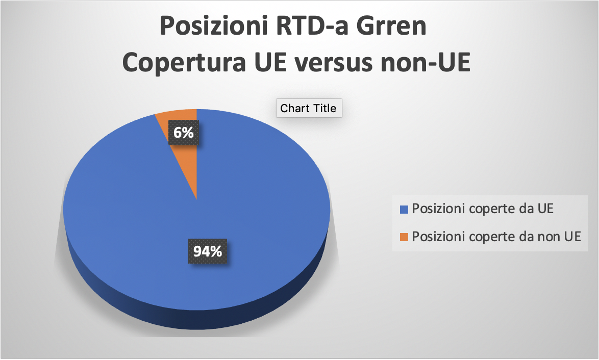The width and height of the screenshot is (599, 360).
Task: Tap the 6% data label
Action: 183,133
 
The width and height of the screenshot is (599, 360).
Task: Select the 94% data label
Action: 208,251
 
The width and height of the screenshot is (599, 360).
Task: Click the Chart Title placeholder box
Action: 309,108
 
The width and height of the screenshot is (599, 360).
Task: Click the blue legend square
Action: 404,209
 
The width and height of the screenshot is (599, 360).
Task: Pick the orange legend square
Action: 404,237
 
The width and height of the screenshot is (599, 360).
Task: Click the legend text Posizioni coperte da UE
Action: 483,209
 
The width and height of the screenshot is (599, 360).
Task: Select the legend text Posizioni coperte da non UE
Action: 496,237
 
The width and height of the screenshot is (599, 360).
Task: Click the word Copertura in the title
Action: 184,63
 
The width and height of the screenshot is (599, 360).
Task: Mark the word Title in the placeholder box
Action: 324,108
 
